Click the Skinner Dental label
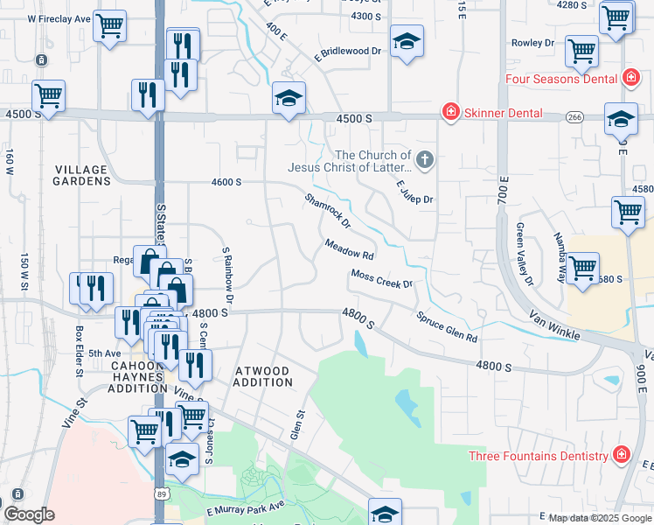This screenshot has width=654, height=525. tap(503, 113)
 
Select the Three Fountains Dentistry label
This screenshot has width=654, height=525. tap(538, 456)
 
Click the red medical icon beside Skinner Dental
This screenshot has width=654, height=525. tap(450, 112)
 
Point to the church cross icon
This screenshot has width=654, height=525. tap(425, 159)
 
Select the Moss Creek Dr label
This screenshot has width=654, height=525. tap(381, 278)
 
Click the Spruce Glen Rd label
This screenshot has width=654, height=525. tap(447, 326)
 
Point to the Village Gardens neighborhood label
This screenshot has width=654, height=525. tap(81, 175)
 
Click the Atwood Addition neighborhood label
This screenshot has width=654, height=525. tap(263, 376)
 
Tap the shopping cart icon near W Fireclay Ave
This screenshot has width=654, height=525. tap(109, 27)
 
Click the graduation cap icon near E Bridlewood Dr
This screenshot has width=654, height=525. tap(407, 43)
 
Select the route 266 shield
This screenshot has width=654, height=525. tap(574, 116)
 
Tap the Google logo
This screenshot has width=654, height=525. tap(29, 514)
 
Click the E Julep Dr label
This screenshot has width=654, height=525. tap(414, 192)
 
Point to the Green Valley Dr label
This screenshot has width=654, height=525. tap(525, 255)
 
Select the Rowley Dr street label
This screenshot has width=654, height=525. tap(533, 42)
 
